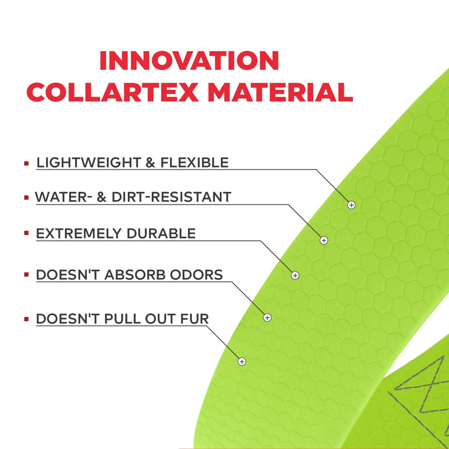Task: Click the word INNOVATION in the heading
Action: pyautogui.click(x=189, y=61)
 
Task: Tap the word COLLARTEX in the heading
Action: pyautogui.click(x=113, y=92)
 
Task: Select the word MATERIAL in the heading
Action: pyautogui.click(x=280, y=92)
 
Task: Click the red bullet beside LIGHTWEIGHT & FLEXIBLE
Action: pyautogui.click(x=26, y=163)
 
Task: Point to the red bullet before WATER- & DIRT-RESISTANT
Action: pyautogui.click(x=26, y=198)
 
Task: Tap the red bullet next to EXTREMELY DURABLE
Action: pyautogui.click(x=26, y=233)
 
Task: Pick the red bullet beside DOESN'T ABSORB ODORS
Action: pyautogui.click(x=26, y=274)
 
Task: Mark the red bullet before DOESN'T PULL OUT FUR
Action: pyautogui.click(x=26, y=319)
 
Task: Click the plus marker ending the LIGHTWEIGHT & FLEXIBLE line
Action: pyautogui.click(x=351, y=205)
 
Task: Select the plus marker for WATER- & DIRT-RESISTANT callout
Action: pyautogui.click(x=324, y=240)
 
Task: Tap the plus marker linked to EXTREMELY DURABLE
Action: pyautogui.click(x=295, y=276)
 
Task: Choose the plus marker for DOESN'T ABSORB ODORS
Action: pyautogui.click(x=267, y=318)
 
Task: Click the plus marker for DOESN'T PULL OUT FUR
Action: pyautogui.click(x=242, y=361)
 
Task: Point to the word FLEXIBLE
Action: pyautogui.click(x=194, y=162)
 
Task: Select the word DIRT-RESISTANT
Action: pyautogui.click(x=171, y=197)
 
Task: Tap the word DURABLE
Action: pyautogui.click(x=161, y=233)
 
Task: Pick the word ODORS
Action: pyautogui.click(x=196, y=274)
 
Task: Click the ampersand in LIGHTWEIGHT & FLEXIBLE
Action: pyautogui.click(x=150, y=162)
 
